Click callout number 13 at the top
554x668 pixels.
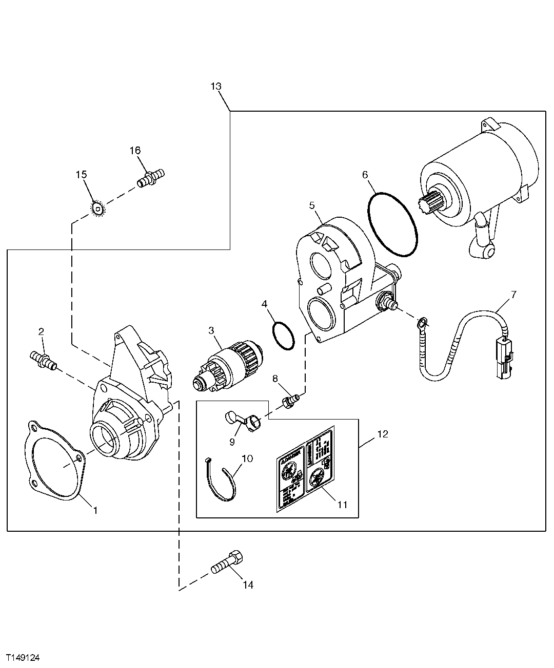coord(215,86)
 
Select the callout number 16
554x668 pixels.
coord(134,150)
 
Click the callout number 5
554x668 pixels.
coord(311,205)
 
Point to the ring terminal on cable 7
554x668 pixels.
coord(422,322)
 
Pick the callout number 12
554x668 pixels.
coord(382,434)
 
